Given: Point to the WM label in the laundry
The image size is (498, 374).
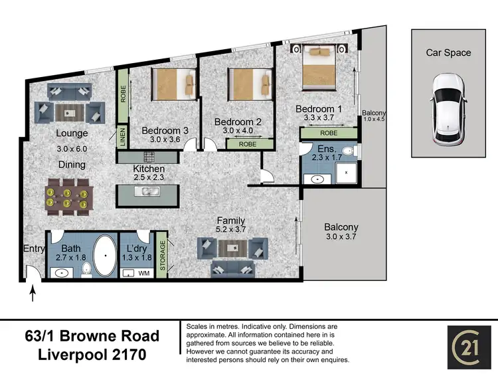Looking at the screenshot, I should (144, 272).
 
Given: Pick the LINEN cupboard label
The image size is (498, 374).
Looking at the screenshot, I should (122, 138).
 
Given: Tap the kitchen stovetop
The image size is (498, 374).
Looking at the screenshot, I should (147, 157).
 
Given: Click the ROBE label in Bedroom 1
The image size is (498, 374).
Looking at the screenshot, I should (329, 134).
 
